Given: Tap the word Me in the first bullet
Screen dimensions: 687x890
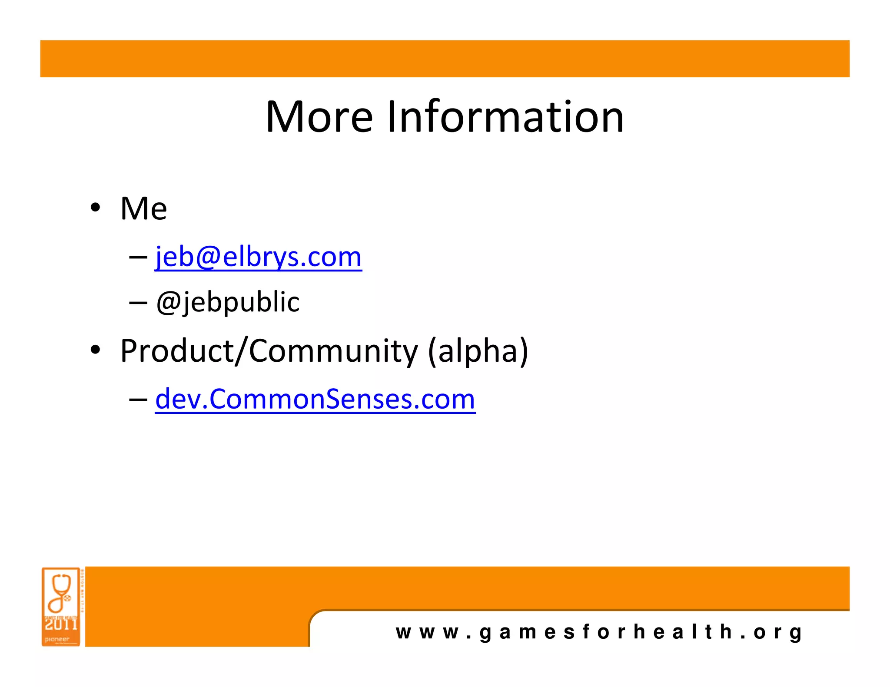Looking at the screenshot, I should click(x=143, y=209).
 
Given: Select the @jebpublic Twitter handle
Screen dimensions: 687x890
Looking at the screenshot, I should click(x=228, y=302).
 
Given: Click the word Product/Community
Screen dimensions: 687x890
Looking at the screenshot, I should click(x=269, y=351).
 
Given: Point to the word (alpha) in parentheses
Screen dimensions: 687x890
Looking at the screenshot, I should click(x=478, y=351).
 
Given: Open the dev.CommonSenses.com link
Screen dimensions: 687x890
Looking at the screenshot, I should click(x=315, y=399).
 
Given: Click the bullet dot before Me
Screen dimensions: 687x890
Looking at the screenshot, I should click(x=95, y=208).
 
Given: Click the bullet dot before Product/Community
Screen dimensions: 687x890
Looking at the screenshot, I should click(x=95, y=350).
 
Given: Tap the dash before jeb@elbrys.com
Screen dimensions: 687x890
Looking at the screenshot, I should click(x=138, y=258).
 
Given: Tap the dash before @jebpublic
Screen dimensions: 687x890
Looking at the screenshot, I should click(x=138, y=303).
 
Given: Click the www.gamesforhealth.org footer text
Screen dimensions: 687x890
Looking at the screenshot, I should click(x=599, y=632).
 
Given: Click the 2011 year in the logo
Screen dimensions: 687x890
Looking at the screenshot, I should click(x=61, y=624).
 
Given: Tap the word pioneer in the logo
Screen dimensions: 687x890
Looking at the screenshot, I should click(x=57, y=639).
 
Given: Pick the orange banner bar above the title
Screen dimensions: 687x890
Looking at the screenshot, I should click(x=445, y=59).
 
